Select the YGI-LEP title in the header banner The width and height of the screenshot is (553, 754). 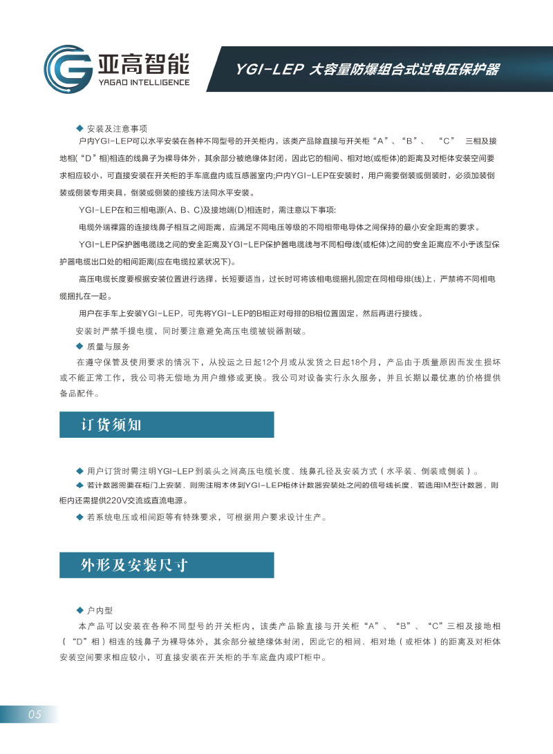pos(366,70)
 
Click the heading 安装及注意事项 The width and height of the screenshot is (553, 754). pos(117,129)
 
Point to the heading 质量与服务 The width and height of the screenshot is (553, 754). pos(108,347)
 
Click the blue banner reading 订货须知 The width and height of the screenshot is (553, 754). pos(167,424)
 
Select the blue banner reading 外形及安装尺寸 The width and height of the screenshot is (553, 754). pos(167,565)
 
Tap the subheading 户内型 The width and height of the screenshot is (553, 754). pos(100,611)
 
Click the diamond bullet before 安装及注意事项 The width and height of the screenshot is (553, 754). pos(79,129)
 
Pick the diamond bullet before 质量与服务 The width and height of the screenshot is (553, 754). pos(79,347)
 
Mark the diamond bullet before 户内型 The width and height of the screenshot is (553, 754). pos(79,611)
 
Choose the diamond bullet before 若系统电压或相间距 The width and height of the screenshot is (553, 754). pos(79,517)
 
